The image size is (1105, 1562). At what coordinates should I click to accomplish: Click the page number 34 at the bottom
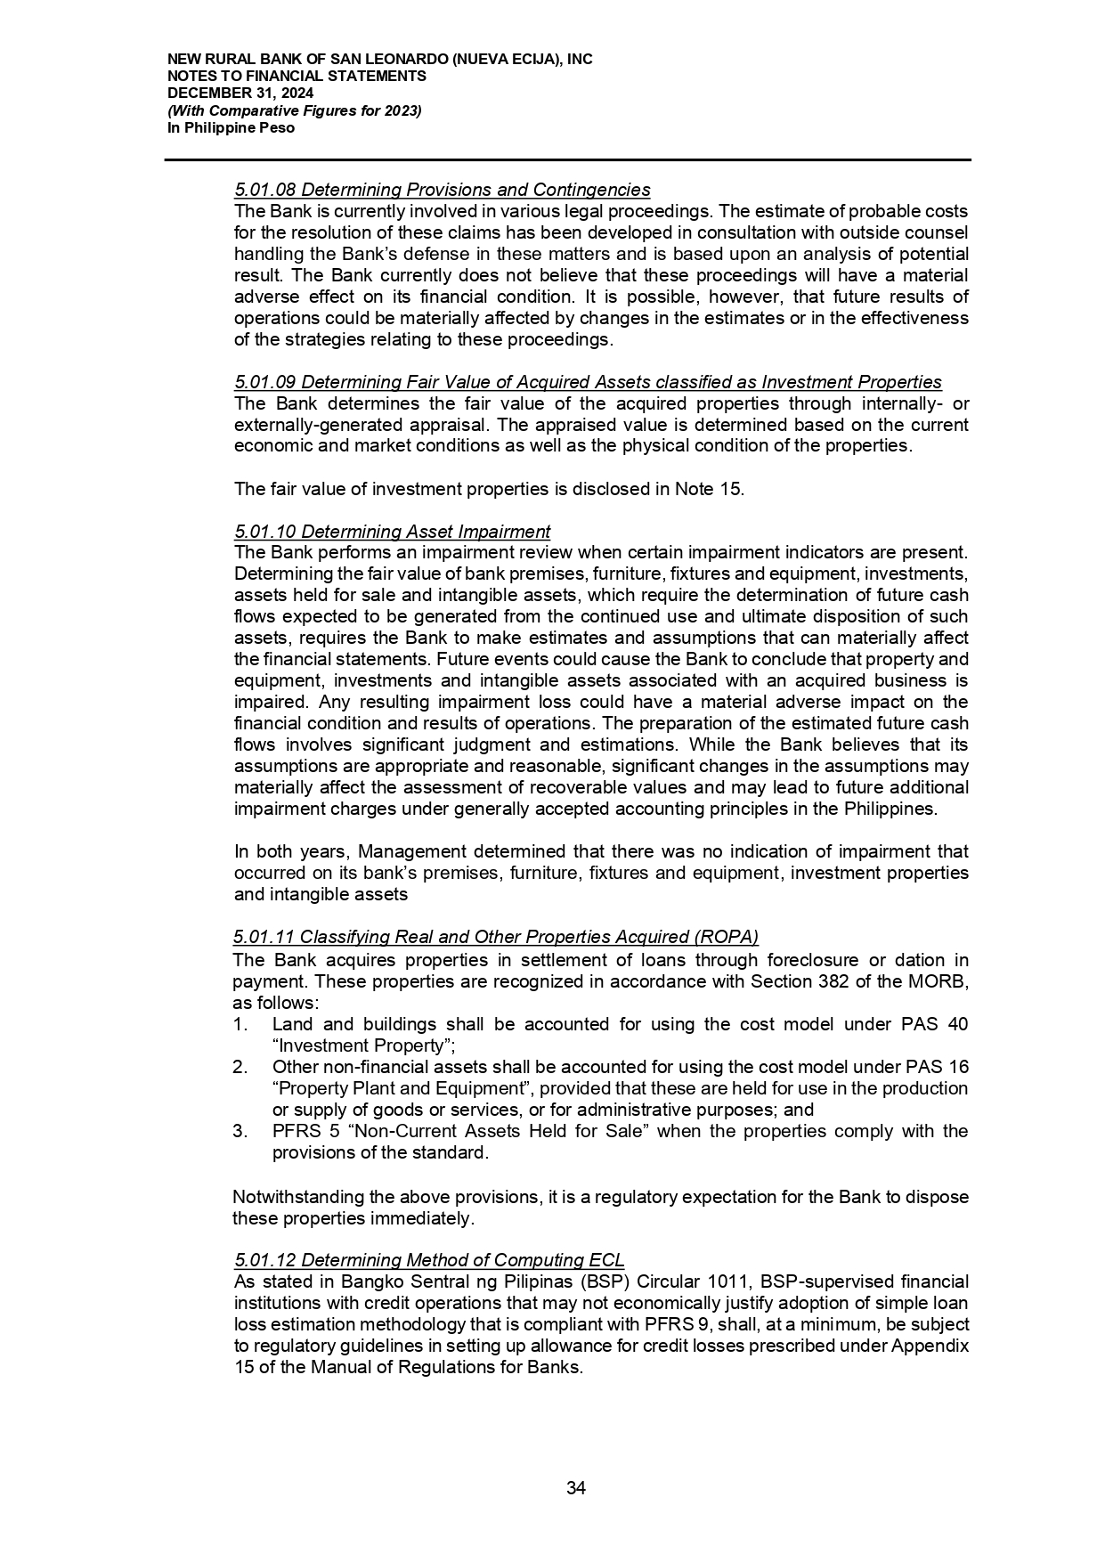[576, 1488]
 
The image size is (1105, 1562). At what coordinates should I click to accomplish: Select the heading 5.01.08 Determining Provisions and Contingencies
[442, 190]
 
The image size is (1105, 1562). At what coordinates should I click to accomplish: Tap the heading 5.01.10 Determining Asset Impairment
[392, 532]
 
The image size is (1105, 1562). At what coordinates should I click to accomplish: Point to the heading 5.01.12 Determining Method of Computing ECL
[428, 1260]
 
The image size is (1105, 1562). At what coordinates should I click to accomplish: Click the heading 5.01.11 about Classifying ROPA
[495, 937]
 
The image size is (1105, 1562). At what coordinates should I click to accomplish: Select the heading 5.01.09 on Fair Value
[588, 382]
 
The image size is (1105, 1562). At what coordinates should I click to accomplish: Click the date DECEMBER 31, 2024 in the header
[240, 94]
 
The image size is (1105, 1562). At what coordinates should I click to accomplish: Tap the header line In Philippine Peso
[231, 128]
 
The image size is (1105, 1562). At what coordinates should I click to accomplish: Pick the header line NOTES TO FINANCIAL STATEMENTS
[297, 77]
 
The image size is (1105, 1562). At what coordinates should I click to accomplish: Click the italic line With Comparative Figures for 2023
[294, 110]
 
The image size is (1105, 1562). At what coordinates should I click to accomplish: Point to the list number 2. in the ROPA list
[240, 1067]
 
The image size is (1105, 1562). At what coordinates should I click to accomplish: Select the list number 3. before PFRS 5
[240, 1131]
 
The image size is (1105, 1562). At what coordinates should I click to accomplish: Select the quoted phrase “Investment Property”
[352, 1045]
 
